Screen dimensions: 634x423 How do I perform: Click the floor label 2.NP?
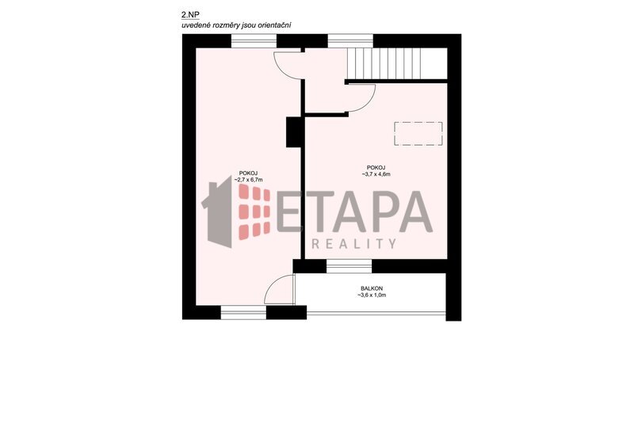click(x=190, y=15)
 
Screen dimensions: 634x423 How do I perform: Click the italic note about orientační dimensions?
click(x=236, y=25)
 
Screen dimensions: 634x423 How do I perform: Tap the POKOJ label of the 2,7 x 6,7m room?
click(x=248, y=173)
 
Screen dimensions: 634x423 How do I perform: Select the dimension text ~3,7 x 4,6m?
click(x=376, y=174)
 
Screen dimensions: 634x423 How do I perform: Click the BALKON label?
click(x=372, y=288)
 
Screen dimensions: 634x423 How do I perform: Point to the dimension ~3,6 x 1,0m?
click(x=372, y=295)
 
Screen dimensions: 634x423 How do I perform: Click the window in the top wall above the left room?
click(x=254, y=41)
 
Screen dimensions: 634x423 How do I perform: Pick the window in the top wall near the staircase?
click(x=350, y=41)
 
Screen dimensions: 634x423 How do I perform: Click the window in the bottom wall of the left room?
click(x=243, y=312)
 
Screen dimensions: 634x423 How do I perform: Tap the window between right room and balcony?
click(x=349, y=266)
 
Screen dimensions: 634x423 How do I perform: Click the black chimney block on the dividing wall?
click(x=294, y=132)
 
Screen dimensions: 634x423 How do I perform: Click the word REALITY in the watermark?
click(x=354, y=244)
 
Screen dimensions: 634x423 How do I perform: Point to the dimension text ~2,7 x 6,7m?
click(x=248, y=180)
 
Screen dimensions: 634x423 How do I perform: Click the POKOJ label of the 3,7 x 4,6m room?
click(x=376, y=168)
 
